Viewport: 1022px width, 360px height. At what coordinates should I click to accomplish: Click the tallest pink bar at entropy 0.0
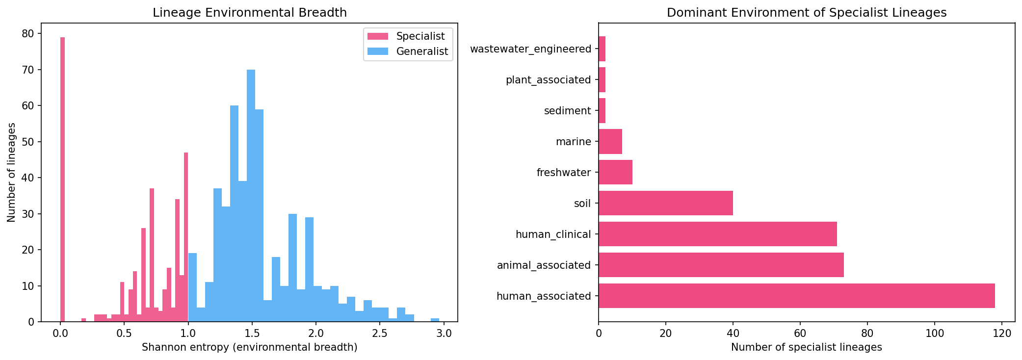(x=62, y=180)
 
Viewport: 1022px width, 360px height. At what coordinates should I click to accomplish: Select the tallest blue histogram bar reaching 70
(x=251, y=196)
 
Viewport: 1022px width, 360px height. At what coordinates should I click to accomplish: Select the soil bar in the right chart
(x=665, y=203)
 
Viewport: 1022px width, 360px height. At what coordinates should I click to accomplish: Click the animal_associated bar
(x=721, y=265)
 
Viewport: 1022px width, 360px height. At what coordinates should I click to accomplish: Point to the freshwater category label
(x=564, y=173)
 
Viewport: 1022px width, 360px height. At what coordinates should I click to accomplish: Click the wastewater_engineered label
(x=530, y=49)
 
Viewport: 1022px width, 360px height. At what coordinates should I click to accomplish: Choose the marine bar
(x=610, y=141)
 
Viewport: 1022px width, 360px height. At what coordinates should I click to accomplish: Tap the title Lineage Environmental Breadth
(x=250, y=13)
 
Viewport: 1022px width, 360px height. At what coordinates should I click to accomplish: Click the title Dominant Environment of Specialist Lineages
(x=807, y=13)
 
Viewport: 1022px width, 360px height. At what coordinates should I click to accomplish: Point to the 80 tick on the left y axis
(x=28, y=33)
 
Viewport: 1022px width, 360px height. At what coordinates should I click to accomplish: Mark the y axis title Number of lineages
(x=12, y=172)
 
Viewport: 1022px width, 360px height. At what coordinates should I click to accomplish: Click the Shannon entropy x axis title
(x=249, y=348)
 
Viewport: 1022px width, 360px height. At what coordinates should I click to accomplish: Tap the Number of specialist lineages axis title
(x=806, y=348)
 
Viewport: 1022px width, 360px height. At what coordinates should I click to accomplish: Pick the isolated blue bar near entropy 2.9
(x=435, y=320)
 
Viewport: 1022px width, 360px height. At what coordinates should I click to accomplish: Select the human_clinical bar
(x=717, y=234)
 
